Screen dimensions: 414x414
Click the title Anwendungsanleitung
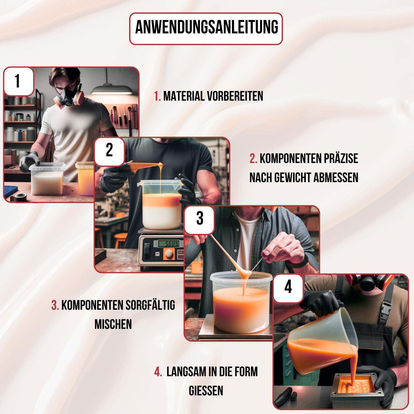(206, 28)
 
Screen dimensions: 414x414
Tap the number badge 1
(18, 81)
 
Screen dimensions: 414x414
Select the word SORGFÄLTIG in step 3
(150, 305)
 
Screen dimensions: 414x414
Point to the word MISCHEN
(113, 324)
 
